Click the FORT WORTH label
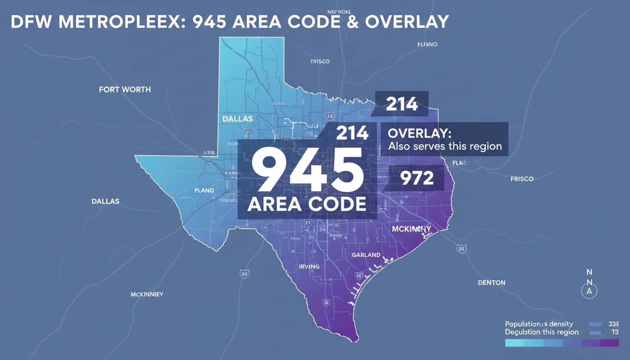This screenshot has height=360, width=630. tap(125, 89)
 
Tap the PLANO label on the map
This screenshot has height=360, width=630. tap(204, 191)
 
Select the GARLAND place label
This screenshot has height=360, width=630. tap(366, 255)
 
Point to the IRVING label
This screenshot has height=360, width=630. tap(309, 266)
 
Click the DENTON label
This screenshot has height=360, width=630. tap(492, 283)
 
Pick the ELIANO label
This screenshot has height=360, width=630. tap(427, 45)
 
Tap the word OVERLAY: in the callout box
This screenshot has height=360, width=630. tap(420, 133)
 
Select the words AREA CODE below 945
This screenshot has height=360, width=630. tap(307, 204)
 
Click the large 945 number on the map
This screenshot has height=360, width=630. tap(307, 169)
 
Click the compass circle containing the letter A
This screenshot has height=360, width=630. tap(589, 291)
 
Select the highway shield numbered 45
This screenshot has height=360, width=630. tap(244, 273)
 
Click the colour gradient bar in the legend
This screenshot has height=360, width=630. tap(562, 343)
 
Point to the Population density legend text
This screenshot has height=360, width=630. tap(539, 324)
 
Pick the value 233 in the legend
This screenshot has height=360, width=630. tap(613, 324)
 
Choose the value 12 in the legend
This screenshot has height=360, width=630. tap(615, 332)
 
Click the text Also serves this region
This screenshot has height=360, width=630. tap(445, 146)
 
